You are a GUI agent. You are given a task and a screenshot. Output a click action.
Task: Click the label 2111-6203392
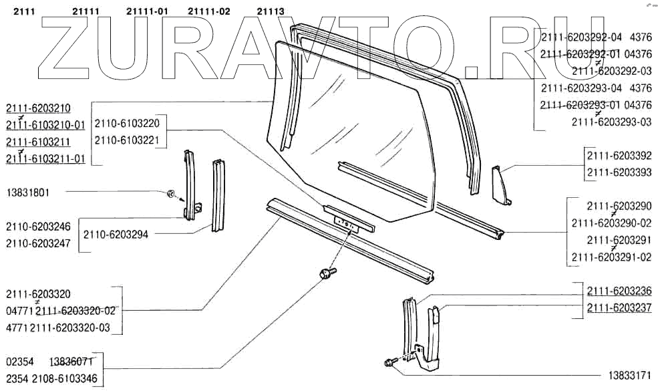point(619,156)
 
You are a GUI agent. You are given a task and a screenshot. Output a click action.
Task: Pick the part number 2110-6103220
point(127,124)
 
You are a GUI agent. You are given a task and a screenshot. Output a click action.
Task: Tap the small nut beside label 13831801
point(170,194)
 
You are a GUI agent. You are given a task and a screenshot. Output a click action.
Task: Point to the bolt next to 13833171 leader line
point(389,362)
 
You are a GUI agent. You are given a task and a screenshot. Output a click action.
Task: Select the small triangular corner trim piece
point(501,184)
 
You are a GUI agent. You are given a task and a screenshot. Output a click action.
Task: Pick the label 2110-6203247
point(38,244)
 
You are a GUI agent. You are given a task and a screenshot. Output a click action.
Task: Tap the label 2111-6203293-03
point(611,122)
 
